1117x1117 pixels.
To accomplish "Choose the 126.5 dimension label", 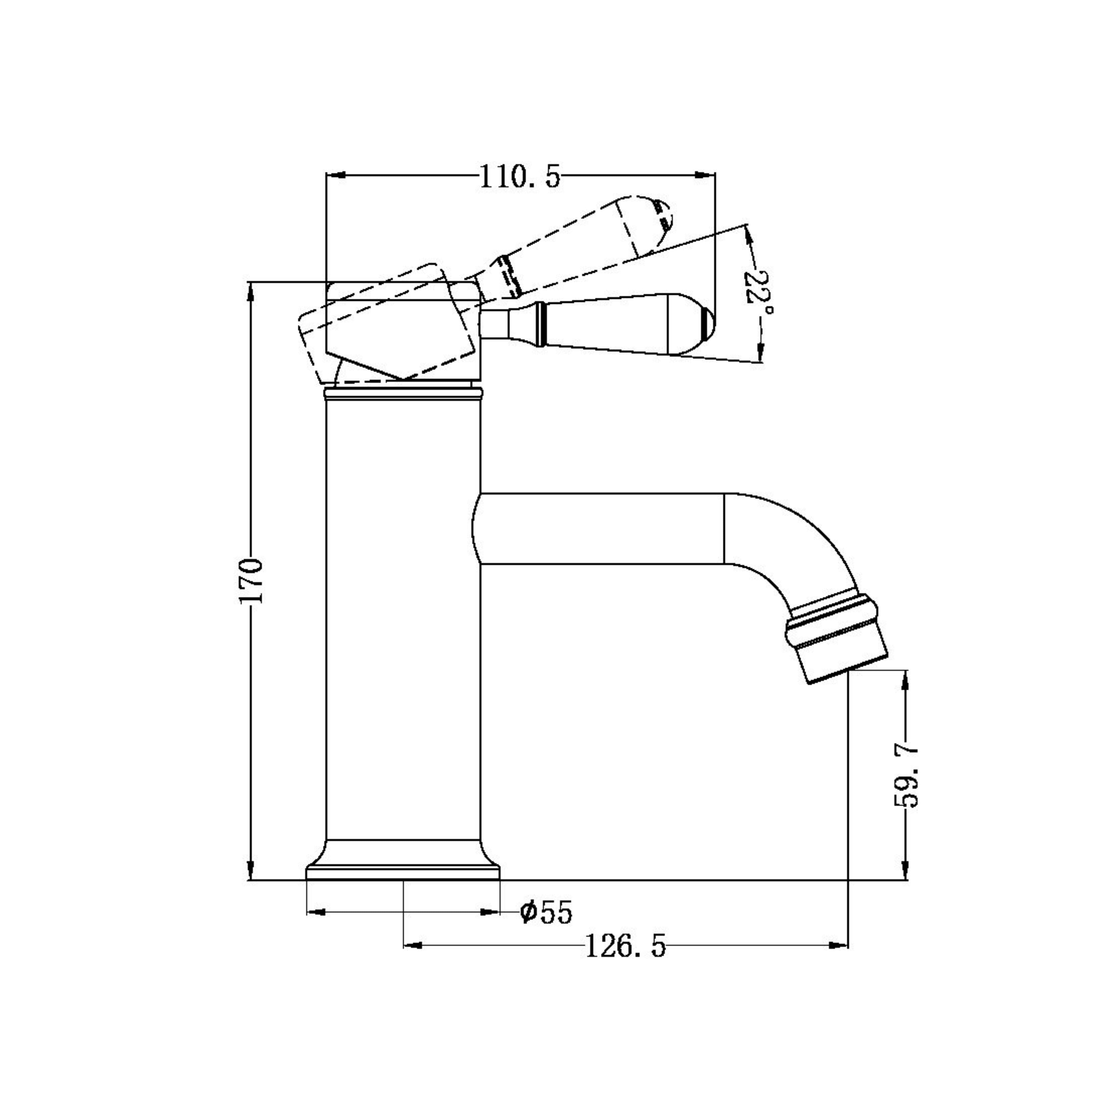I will point(626,947).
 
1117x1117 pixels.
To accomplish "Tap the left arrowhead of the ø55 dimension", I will point(315,912).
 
